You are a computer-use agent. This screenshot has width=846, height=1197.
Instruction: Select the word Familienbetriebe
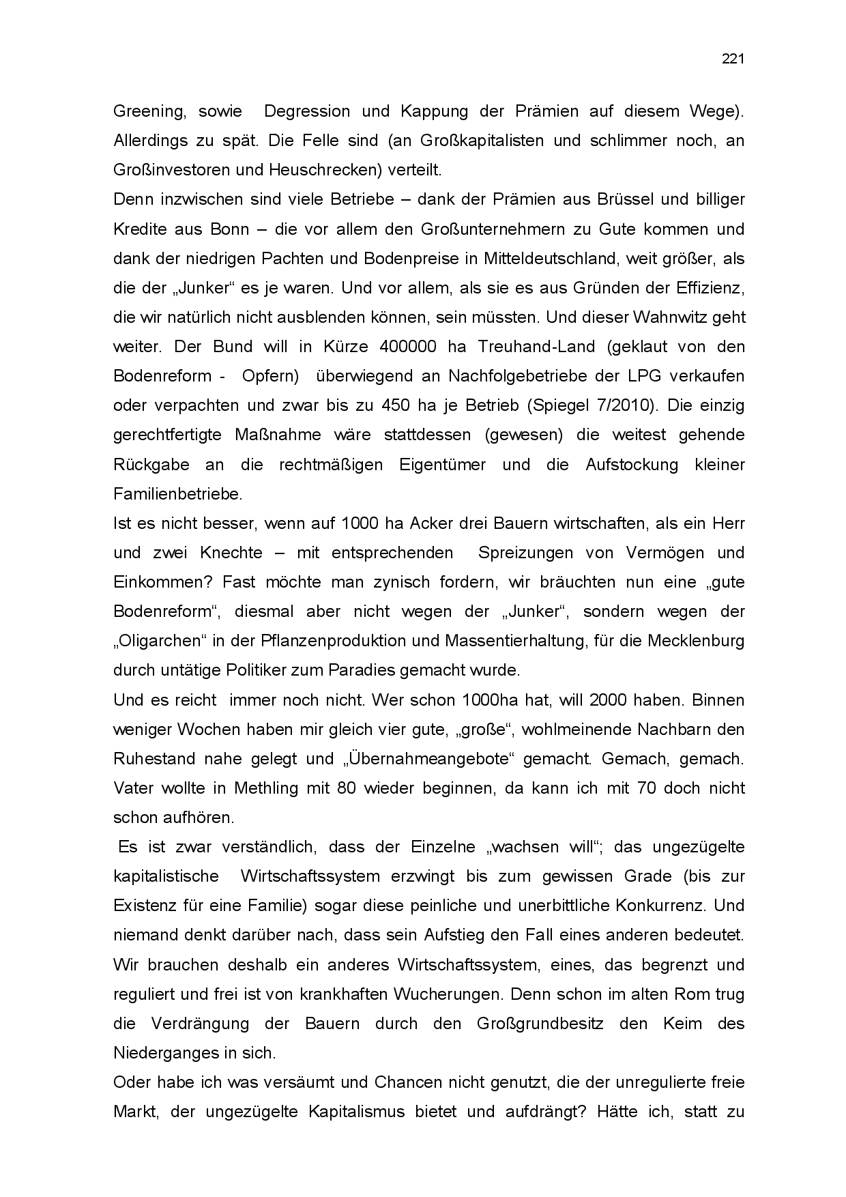pos(177,493)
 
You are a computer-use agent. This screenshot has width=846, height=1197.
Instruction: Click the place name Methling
pos(266,788)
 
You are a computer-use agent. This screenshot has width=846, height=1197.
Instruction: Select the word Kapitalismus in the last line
pos(357,1112)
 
